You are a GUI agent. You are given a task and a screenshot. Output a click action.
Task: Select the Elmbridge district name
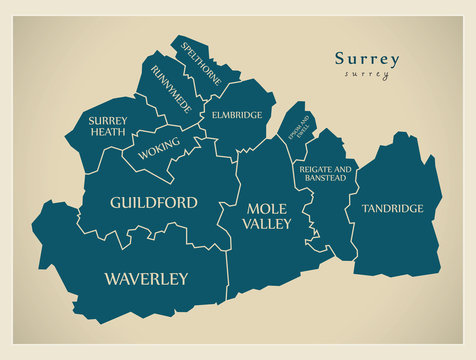pyautogui.click(x=237, y=115)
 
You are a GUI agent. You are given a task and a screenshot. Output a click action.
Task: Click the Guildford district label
pyautogui.click(x=153, y=202)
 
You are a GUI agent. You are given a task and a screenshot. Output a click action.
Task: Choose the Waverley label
pyautogui.click(x=145, y=278)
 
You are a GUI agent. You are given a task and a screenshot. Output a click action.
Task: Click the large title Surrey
pyautogui.click(x=366, y=59)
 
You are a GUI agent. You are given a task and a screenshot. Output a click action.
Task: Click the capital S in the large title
pyautogui.click(x=339, y=59)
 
